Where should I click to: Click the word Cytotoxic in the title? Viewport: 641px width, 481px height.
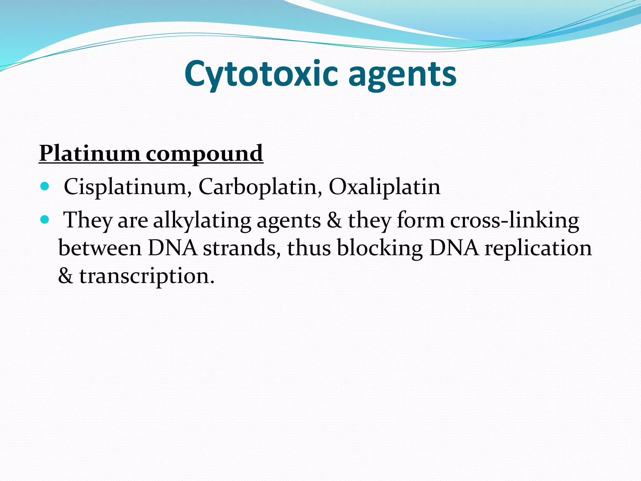pyautogui.click(x=261, y=75)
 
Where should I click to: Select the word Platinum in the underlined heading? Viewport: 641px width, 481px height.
pyautogui.click(x=90, y=153)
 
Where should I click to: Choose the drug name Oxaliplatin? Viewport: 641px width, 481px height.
pyautogui.click(x=384, y=187)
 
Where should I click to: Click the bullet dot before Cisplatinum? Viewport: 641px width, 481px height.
pyautogui.click(x=45, y=187)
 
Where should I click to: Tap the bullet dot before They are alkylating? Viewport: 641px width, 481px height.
pyautogui.click(x=45, y=220)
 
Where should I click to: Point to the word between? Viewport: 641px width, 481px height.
pyautogui.click(x=100, y=248)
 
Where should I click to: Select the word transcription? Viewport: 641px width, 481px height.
pyautogui.click(x=147, y=276)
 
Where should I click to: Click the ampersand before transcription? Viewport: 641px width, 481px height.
pyautogui.click(x=65, y=276)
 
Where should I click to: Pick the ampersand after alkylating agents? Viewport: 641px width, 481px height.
pyautogui.click(x=334, y=220)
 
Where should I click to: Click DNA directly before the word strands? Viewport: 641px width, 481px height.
pyautogui.click(x=172, y=248)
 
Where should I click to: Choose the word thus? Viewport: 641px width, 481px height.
pyautogui.click(x=309, y=248)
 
